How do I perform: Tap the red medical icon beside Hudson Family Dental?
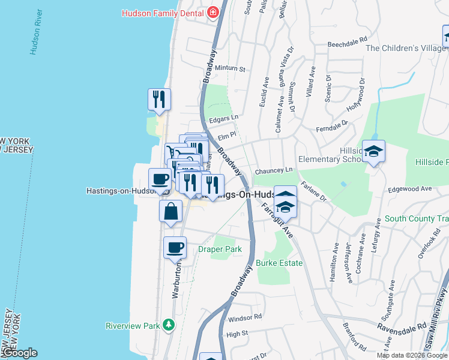(x=212, y=13)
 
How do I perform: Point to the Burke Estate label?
(x=279, y=263)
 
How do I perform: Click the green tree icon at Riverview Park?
(x=169, y=325)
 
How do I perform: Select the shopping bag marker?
(x=171, y=212)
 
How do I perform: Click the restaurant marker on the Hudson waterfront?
(x=159, y=100)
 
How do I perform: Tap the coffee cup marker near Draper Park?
(x=175, y=248)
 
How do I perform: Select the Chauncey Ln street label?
(x=273, y=171)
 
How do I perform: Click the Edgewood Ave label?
(x=410, y=189)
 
